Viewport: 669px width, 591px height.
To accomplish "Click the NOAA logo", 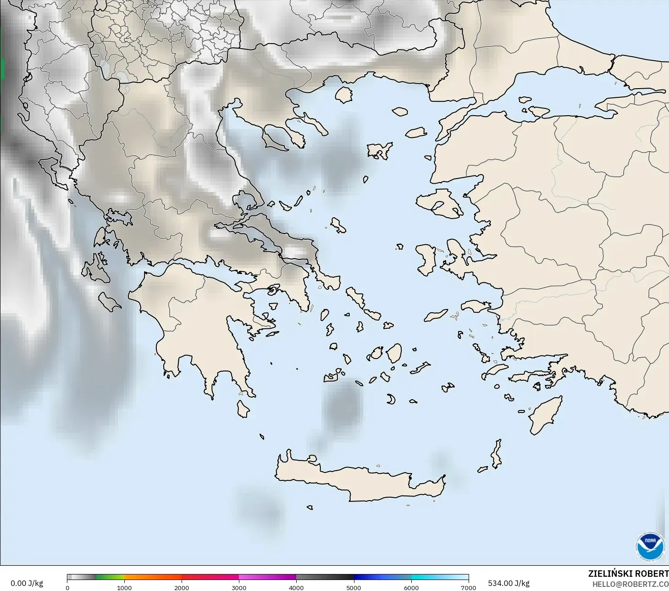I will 650,546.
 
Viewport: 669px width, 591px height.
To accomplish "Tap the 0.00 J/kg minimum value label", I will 27,583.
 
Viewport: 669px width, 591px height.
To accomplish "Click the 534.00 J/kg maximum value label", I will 509,583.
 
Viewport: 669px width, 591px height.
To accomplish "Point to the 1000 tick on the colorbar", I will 124,587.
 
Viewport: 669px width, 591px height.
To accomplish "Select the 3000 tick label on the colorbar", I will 239,587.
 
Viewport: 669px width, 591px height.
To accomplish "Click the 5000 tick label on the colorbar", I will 354,587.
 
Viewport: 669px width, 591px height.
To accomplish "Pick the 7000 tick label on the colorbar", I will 468,587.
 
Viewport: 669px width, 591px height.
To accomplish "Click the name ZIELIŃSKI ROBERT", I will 628,574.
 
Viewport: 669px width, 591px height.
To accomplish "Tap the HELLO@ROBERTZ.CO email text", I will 630,585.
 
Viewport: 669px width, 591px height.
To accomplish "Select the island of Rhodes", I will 546,415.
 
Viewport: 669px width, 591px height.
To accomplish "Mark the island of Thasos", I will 343,95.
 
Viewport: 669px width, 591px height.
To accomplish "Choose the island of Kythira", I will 243,409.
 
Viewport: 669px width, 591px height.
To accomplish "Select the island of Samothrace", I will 400,111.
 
